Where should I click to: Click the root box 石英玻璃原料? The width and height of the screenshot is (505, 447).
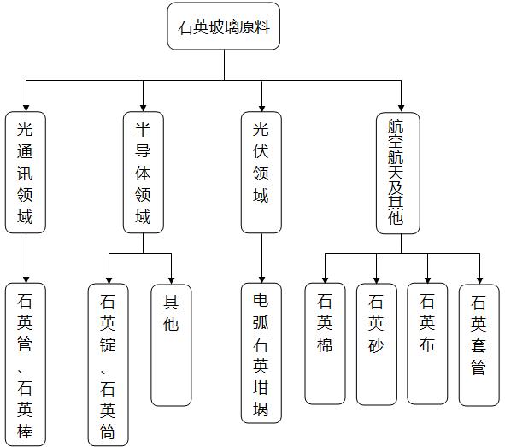[x=224, y=26]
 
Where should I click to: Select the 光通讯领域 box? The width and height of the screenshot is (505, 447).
[x=26, y=173]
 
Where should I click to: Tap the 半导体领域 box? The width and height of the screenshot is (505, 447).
[x=144, y=173]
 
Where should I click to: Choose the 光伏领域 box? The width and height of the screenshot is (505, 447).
[x=261, y=173]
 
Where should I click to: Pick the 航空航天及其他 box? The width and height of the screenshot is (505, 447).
[x=398, y=173]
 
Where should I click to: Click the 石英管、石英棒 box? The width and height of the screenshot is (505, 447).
[x=26, y=365]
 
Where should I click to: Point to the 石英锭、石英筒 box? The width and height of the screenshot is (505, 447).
[x=109, y=365]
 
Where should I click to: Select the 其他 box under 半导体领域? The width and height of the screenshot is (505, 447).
[x=171, y=345]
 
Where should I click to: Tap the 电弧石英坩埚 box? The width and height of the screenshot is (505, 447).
[x=261, y=353]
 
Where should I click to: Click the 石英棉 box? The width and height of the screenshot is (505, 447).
[x=325, y=344]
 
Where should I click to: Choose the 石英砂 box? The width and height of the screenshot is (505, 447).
[x=377, y=344]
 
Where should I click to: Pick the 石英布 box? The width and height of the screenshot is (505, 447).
[x=427, y=344]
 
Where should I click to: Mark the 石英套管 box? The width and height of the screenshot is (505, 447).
[x=479, y=345]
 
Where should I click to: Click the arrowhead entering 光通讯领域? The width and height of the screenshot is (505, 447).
[x=26, y=109]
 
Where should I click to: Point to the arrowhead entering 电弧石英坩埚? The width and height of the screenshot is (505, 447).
[x=261, y=279]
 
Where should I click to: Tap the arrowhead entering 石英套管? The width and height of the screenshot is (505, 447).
[x=479, y=281]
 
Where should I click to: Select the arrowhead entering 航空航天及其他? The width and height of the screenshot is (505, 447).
[x=401, y=109]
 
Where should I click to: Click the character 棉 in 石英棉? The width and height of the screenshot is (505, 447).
[x=325, y=344]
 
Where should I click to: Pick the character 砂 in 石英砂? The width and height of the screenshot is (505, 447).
[x=376, y=345]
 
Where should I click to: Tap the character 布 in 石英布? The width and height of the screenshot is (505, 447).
[x=427, y=344]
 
